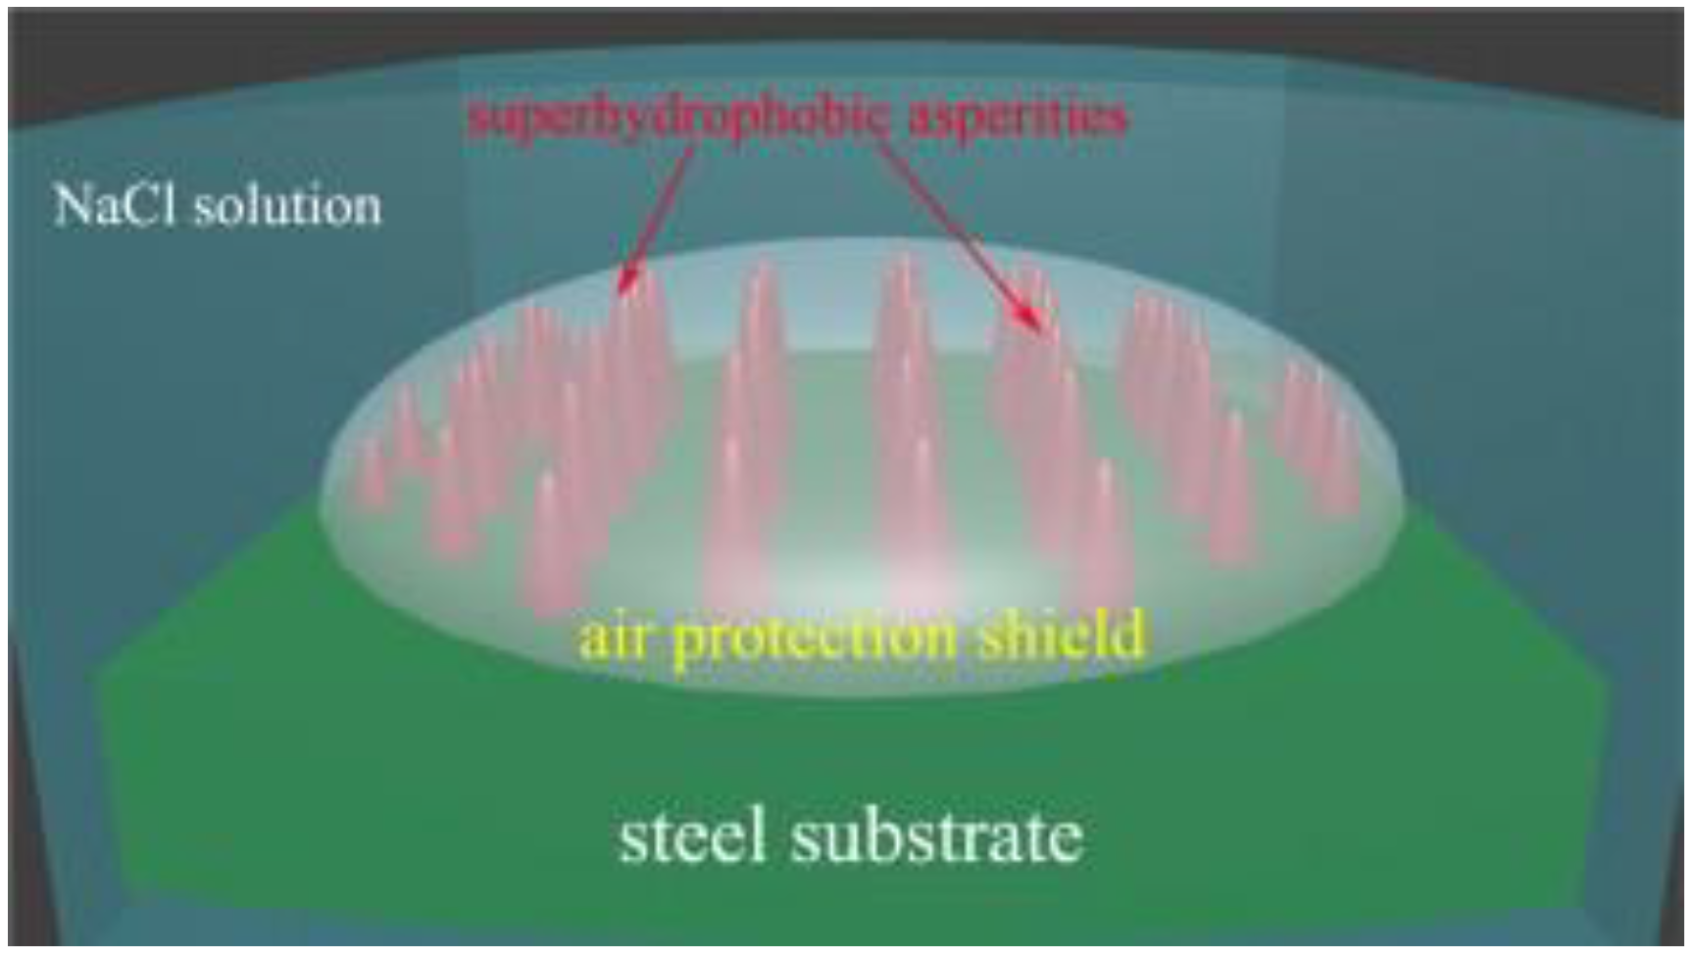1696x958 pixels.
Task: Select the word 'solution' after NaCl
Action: pyautogui.click(x=286, y=207)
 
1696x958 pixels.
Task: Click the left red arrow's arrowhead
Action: pyautogui.click(x=624, y=284)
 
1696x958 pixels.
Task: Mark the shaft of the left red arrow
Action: pyautogui.click(x=663, y=211)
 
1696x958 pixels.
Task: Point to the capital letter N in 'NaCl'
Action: pyautogui.click(x=73, y=206)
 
